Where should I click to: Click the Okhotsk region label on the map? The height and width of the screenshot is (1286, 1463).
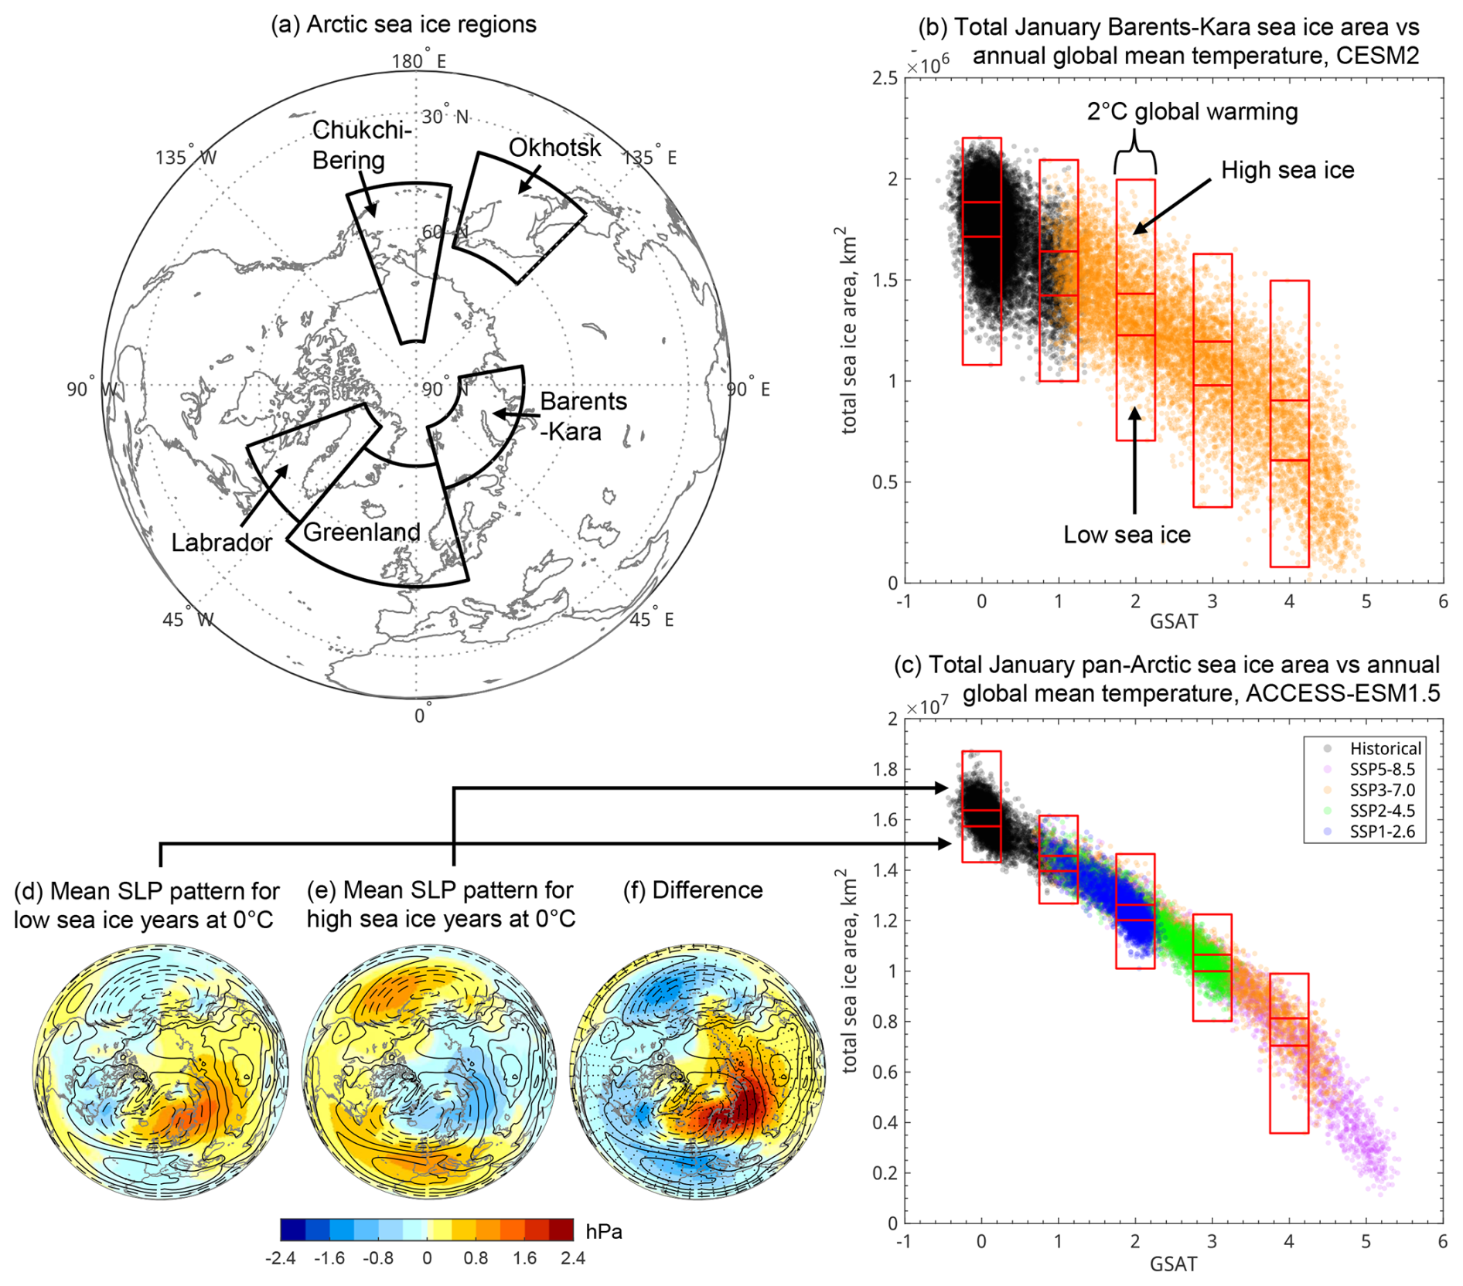[x=554, y=147]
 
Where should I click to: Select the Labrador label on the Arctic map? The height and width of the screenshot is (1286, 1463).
[x=221, y=543]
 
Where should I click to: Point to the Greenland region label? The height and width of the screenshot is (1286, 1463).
[x=361, y=532]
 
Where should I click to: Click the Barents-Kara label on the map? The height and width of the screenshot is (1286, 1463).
[x=582, y=416]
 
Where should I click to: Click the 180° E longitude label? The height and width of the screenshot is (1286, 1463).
[x=418, y=61]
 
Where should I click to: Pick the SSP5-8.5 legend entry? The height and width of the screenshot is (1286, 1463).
[x=1382, y=770]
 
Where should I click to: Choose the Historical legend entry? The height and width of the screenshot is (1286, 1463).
[x=1385, y=748]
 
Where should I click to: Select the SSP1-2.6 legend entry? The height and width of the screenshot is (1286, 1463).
[x=1382, y=832]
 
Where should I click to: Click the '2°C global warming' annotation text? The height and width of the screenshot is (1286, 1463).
[x=1192, y=112]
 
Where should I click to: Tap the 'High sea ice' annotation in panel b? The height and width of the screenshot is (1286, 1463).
[x=1287, y=170]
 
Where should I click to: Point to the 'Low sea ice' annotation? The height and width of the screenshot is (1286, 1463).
[x=1127, y=535]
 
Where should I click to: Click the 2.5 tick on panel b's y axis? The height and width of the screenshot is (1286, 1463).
[x=885, y=78]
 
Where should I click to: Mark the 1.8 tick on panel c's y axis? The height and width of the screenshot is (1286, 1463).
[x=885, y=769]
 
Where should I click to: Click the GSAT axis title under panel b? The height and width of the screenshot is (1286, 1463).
[x=1173, y=621]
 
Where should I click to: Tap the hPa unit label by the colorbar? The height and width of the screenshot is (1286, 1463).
[x=603, y=1231]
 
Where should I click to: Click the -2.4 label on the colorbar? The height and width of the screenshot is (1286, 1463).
[x=280, y=1258]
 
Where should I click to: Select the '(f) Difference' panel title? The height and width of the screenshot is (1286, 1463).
[x=693, y=890]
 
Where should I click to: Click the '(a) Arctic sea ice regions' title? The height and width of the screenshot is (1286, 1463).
[x=403, y=25]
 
